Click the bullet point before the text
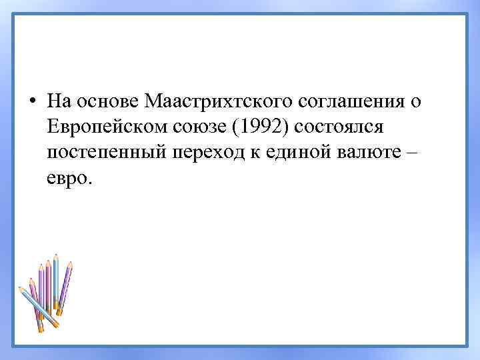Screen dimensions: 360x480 coord(32,101)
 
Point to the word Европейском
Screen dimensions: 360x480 coord(106,127)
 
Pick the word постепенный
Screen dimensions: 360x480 coord(107,153)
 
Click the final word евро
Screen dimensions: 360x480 coord(71,179)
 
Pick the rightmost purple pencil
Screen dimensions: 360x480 coord(65,287)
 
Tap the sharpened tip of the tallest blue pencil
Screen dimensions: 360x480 coord(56,256)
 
